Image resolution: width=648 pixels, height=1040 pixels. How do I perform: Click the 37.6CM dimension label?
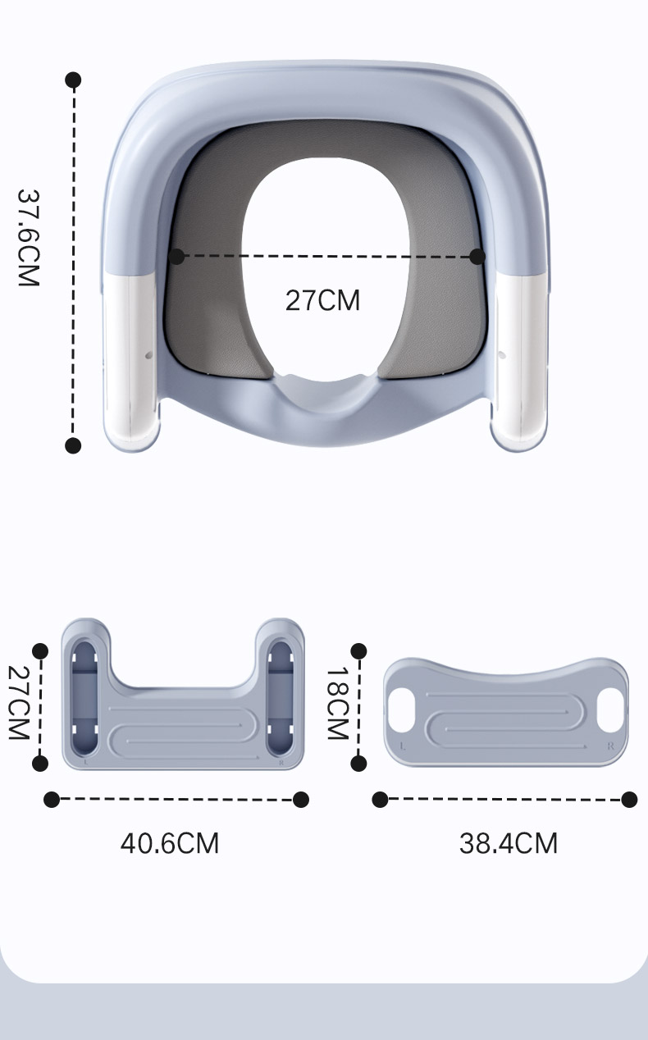(29, 238)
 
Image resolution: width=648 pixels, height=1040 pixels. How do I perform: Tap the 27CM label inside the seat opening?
(322, 300)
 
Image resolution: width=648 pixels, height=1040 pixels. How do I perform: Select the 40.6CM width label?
(170, 843)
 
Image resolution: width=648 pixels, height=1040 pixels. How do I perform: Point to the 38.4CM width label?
(509, 843)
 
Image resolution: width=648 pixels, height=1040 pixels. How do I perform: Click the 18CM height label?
(337, 703)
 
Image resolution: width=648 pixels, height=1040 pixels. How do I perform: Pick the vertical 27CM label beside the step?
(19, 702)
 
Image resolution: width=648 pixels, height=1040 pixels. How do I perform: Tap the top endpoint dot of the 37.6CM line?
(73, 80)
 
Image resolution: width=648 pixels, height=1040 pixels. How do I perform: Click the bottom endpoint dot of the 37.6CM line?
(73, 445)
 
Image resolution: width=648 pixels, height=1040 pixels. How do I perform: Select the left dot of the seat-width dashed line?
(176, 256)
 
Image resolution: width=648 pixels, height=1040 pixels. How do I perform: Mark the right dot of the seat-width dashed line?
(477, 256)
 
